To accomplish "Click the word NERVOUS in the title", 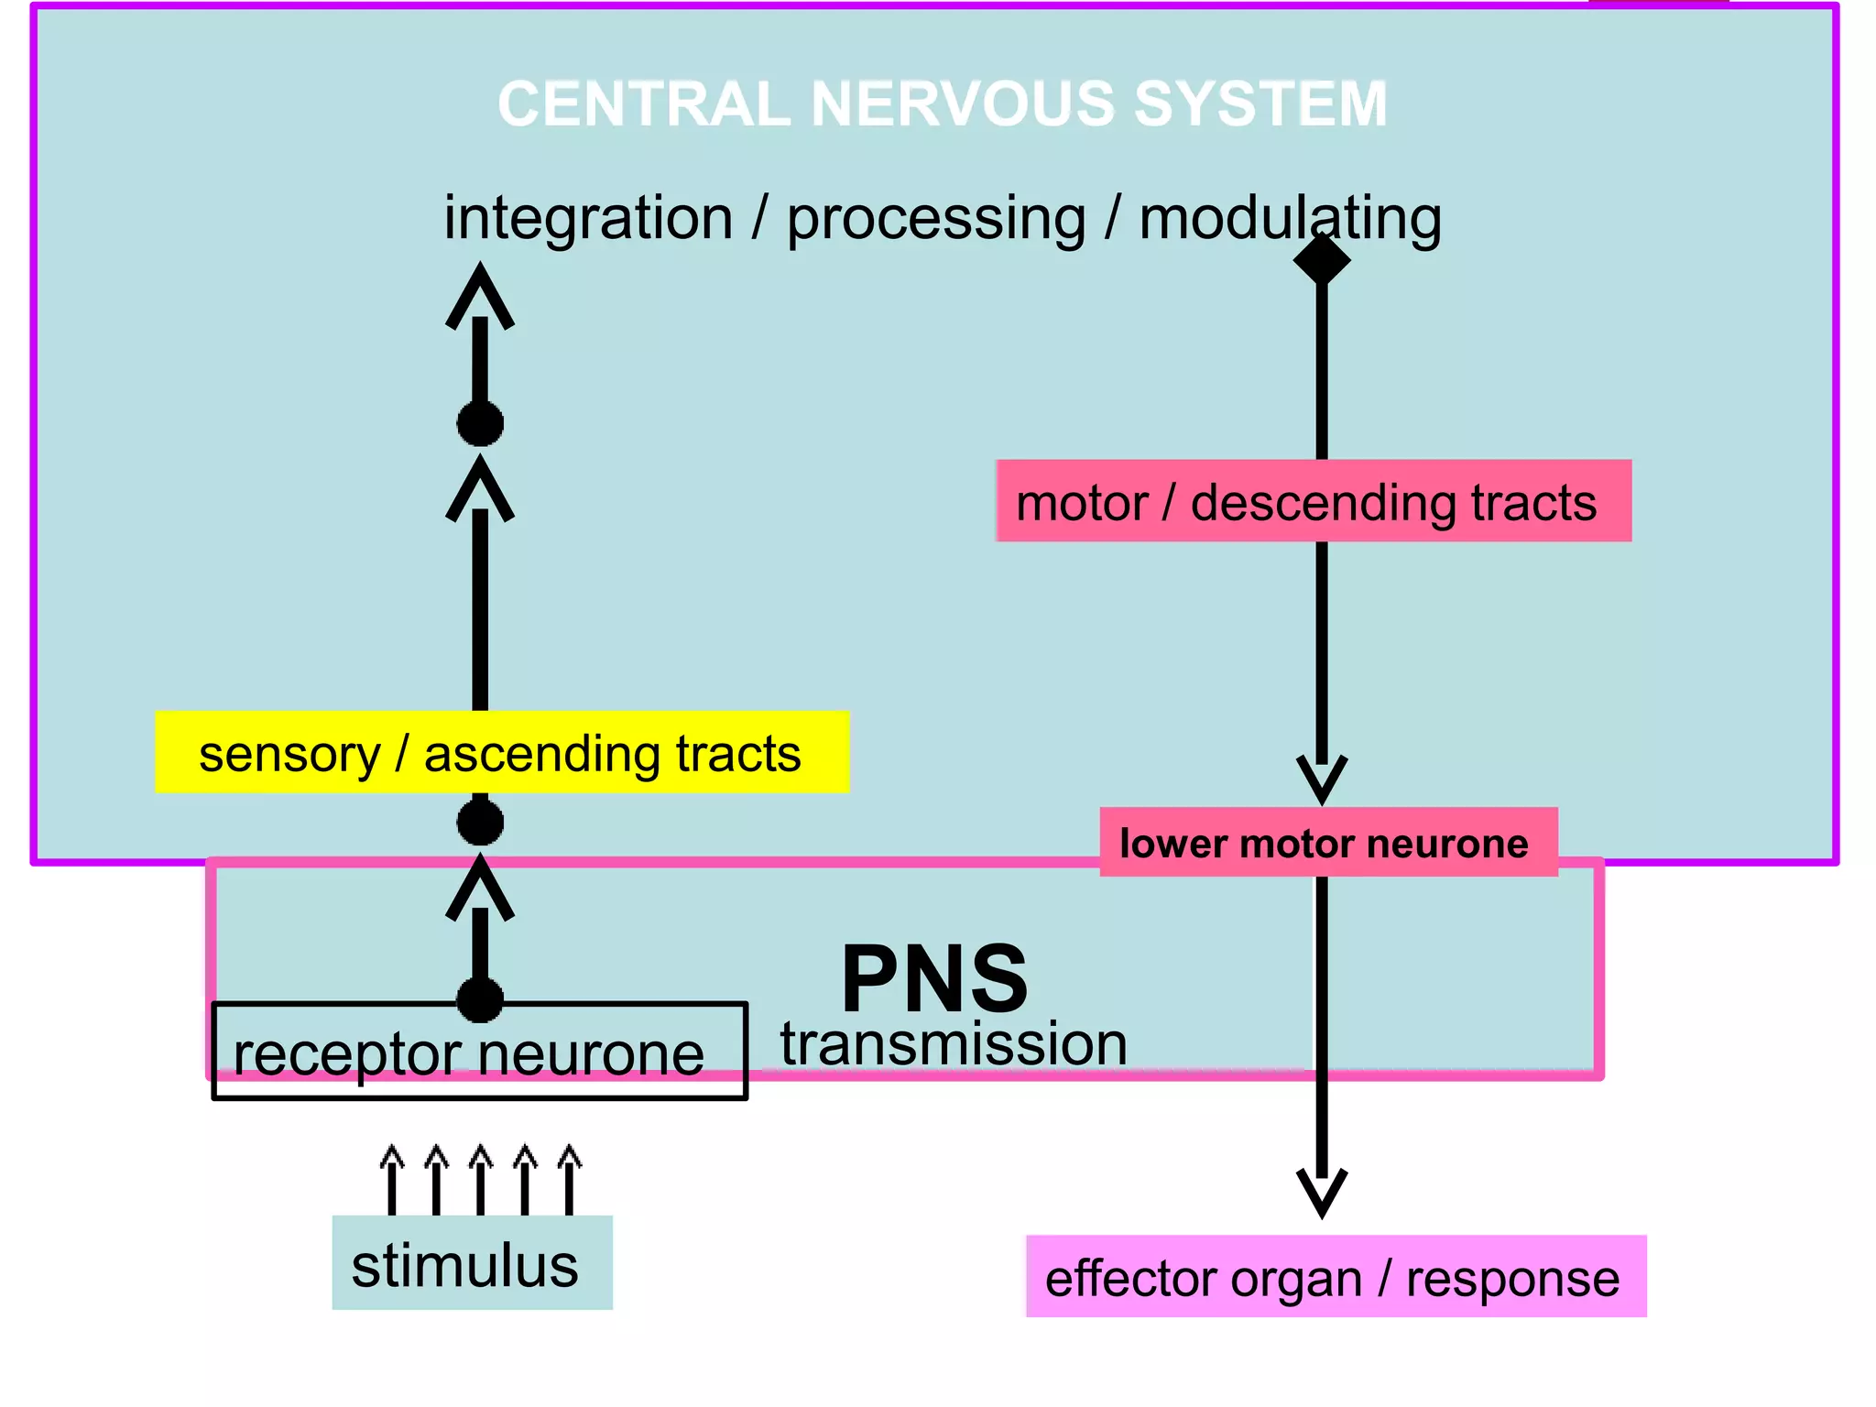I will pos(962,104).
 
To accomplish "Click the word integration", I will pos(588,219).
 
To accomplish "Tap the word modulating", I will pos(1290,219).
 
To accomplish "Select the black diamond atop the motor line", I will pos(1322,260).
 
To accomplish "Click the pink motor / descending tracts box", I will pos(1313,501).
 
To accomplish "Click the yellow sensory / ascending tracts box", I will pos(502,752).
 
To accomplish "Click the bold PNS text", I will pos(934,978).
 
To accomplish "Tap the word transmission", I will pos(953,1044).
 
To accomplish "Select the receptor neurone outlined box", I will pos(479,1052).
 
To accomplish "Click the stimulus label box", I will pos(472,1263).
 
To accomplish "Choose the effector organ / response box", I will pos(1336,1276).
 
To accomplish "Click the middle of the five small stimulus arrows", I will pos(480,1177).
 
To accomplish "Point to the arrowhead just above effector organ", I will pos(1322,1191).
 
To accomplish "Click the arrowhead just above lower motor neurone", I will pos(1322,778).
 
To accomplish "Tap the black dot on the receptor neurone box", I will pos(480,999).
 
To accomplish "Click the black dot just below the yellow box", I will pos(480,822).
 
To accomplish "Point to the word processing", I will pos(936,219).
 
